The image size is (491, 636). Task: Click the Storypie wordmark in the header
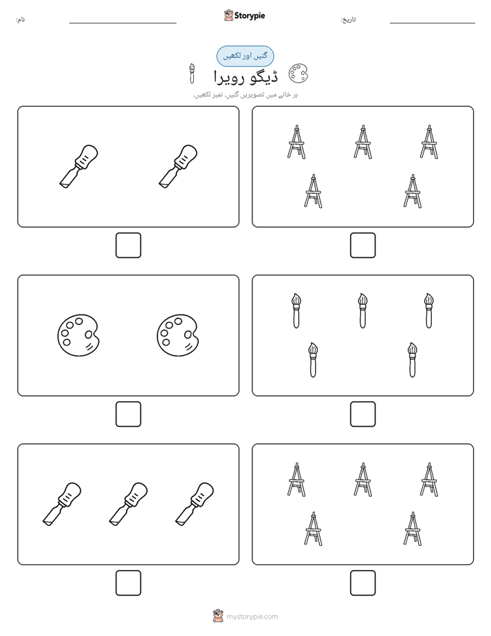(250, 16)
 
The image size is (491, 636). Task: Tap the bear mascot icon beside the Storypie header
(228, 15)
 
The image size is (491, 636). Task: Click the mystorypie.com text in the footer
(252, 617)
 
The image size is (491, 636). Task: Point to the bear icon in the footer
(218, 616)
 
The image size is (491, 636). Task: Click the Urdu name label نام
(20, 19)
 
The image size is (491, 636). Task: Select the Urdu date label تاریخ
(348, 19)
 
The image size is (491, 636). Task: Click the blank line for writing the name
(122, 23)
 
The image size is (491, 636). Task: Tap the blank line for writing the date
(433, 23)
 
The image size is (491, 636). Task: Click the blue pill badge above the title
(245, 56)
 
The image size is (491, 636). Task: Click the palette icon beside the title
(298, 74)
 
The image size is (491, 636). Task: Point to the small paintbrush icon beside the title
(192, 74)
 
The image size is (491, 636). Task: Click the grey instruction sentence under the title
(245, 95)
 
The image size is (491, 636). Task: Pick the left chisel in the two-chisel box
(78, 167)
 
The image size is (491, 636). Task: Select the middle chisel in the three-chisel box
(129, 504)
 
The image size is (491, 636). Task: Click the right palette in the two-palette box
(177, 335)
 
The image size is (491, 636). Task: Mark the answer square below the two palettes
(129, 414)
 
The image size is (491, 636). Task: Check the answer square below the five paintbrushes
(363, 414)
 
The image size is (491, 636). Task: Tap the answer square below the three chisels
(129, 583)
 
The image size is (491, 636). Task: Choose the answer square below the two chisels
(129, 246)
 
